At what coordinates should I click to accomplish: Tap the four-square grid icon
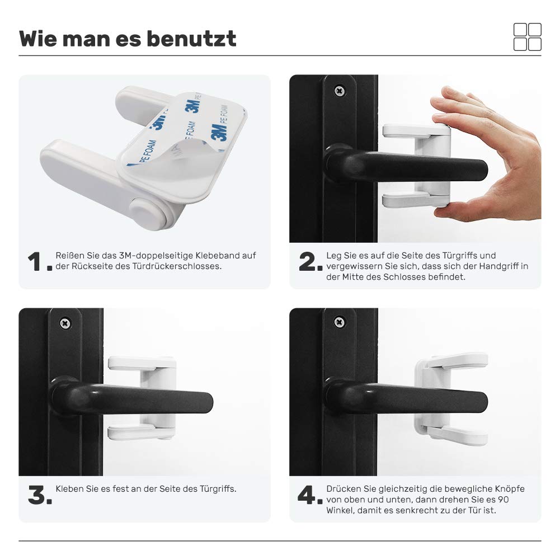coord(527,37)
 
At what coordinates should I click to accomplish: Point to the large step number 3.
coord(37,495)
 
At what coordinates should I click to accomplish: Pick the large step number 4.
coord(308,495)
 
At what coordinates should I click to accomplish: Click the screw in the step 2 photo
coord(338,90)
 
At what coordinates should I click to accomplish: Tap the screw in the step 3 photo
coord(65,323)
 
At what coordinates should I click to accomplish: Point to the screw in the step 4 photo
coord(338,322)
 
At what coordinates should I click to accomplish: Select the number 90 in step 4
coord(503,499)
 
